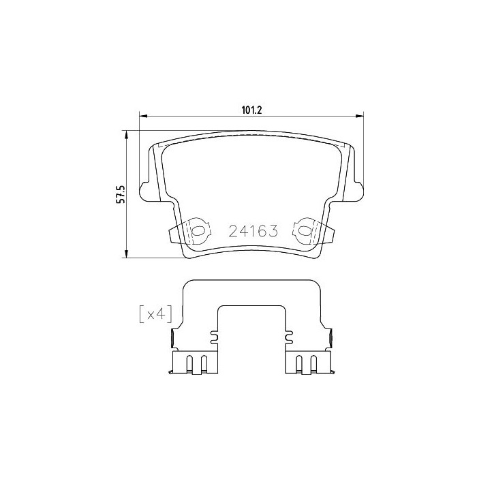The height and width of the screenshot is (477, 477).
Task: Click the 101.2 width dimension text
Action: (x=251, y=108)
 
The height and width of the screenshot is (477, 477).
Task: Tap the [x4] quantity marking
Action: (x=155, y=313)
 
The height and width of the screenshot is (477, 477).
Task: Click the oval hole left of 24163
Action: (x=198, y=231)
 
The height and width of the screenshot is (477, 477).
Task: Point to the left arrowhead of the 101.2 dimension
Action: (x=143, y=117)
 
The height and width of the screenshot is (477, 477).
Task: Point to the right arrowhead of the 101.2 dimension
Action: (x=358, y=117)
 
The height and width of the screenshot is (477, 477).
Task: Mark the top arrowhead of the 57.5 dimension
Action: (x=126, y=135)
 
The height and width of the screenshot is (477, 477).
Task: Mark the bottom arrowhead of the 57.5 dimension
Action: (x=126, y=255)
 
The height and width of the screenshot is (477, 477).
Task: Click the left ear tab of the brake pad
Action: (x=144, y=192)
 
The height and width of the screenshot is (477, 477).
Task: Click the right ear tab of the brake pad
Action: (x=356, y=192)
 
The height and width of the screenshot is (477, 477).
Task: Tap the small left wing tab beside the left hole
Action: (x=173, y=234)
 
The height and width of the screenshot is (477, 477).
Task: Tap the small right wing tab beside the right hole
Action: (x=328, y=234)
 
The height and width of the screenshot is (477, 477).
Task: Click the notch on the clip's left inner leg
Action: (x=215, y=335)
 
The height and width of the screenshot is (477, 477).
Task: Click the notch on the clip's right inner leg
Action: (x=286, y=335)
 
